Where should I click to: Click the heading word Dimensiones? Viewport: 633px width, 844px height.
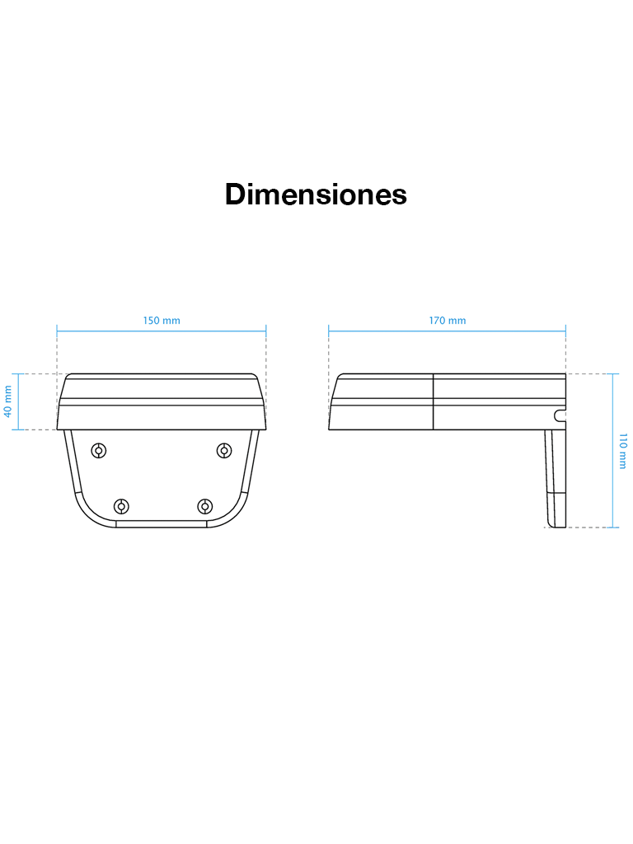click(316, 195)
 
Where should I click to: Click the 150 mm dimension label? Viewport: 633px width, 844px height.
click(162, 321)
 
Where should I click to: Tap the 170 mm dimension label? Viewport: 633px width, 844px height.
click(447, 321)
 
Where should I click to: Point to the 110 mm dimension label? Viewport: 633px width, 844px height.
click(623, 451)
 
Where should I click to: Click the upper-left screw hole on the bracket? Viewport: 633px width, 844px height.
click(99, 450)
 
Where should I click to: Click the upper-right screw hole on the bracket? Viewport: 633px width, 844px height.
click(223, 450)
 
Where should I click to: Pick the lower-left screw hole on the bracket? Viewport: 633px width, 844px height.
click(121, 505)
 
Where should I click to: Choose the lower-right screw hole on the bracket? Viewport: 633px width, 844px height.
click(204, 505)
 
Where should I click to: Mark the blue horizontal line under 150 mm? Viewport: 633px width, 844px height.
click(162, 331)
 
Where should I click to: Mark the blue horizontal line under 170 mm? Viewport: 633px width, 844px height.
click(447, 331)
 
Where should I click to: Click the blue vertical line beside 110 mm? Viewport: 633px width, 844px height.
click(614, 451)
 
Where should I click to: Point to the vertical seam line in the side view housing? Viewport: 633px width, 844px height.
click(434, 402)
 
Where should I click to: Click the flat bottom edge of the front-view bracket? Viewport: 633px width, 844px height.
click(162, 524)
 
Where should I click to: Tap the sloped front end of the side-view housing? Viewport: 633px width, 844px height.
click(334, 402)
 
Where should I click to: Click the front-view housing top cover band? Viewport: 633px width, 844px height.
click(162, 387)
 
